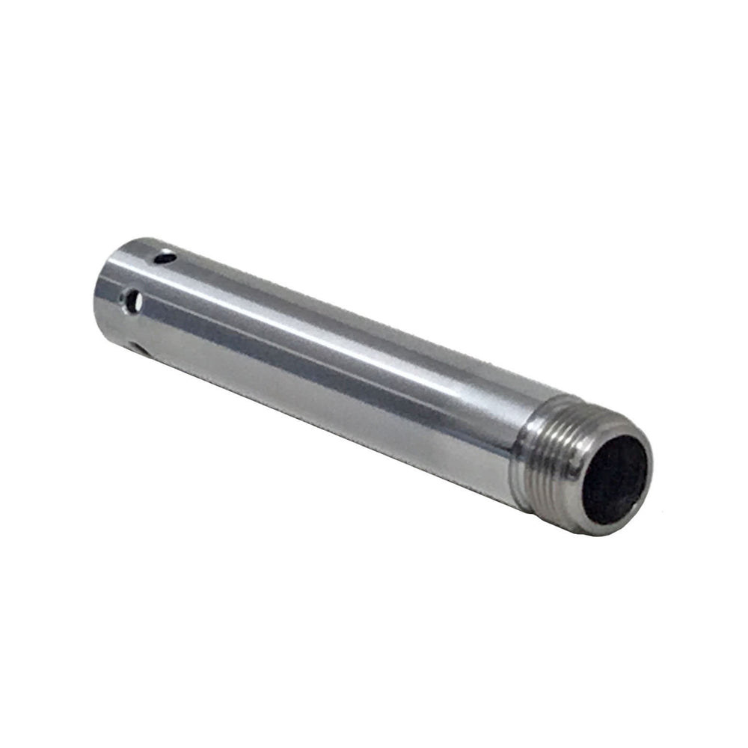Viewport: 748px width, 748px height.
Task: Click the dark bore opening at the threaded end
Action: [x=615, y=479]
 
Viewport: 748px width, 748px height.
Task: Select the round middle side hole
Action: [x=134, y=302]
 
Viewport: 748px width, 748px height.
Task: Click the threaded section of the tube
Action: [x=546, y=456]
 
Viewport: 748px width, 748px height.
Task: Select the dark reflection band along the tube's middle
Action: [x=314, y=352]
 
